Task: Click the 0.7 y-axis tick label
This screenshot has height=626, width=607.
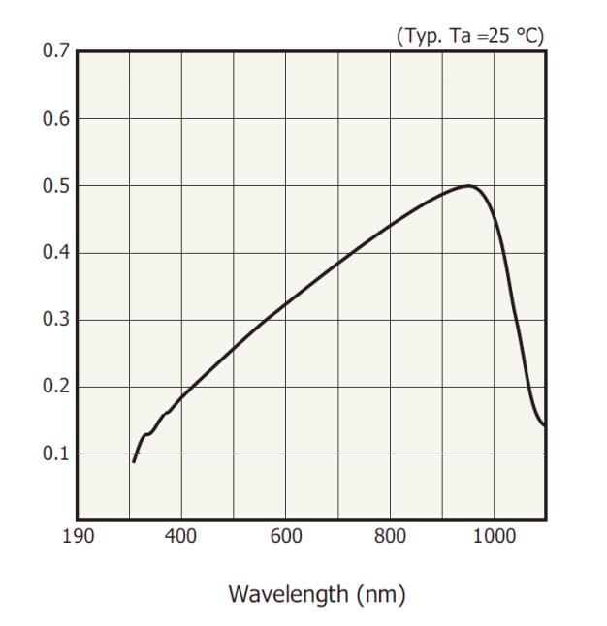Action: point(56,51)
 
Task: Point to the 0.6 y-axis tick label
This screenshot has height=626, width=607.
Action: point(56,119)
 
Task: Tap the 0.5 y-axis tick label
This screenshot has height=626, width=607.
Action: point(56,186)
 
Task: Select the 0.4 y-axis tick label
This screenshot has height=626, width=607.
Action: point(56,253)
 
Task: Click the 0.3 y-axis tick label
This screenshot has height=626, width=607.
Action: point(56,320)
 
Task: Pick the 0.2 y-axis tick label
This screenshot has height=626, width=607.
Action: point(56,387)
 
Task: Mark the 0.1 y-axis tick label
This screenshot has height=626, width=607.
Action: point(56,454)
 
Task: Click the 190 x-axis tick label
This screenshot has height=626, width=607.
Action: point(79,537)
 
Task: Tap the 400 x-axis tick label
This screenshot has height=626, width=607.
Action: point(181,537)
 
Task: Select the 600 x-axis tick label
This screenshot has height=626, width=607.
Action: point(286,537)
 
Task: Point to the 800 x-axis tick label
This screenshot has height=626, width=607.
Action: point(391,537)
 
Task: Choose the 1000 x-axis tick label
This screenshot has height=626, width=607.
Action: point(495,537)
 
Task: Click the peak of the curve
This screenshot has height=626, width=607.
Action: point(469,185)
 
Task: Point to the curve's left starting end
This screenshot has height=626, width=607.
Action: point(134,461)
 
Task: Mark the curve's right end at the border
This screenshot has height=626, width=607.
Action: point(545,424)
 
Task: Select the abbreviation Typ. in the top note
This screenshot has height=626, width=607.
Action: point(419,36)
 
